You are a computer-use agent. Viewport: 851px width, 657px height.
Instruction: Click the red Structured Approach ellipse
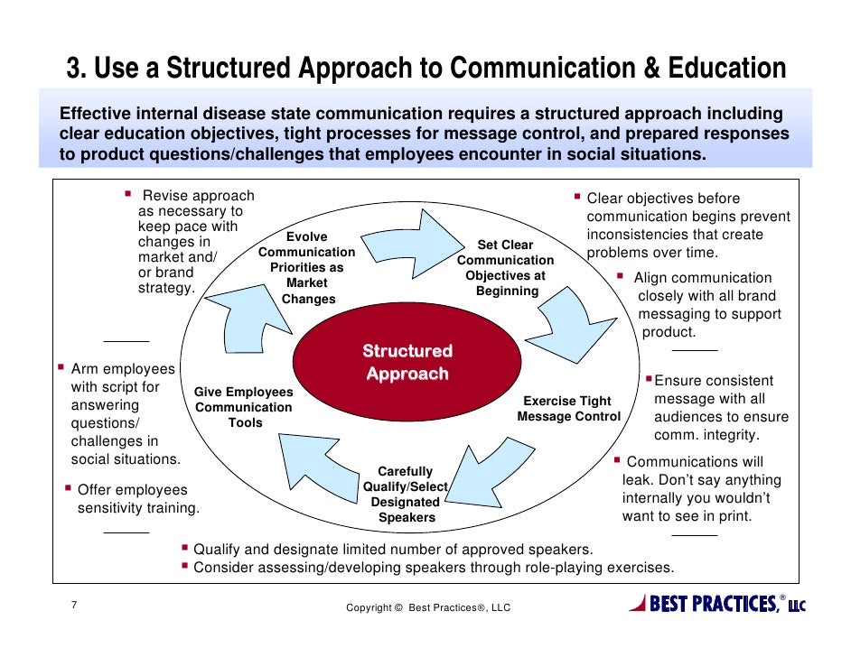[408, 362]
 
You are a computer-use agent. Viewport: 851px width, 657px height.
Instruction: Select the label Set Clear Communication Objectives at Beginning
[506, 268]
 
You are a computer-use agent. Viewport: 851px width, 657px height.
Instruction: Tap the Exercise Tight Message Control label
[568, 409]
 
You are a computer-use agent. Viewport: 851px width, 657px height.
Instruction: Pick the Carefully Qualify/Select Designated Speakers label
[407, 495]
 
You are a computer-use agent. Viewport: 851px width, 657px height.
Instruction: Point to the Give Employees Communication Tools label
[244, 407]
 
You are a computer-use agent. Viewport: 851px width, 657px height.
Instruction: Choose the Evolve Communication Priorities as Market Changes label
[307, 268]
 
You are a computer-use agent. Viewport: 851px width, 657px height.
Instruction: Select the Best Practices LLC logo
[718, 604]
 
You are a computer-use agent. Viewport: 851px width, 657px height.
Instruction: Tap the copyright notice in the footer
[428, 607]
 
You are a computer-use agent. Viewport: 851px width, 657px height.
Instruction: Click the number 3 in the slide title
[74, 69]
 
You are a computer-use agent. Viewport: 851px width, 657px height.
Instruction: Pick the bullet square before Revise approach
[128, 194]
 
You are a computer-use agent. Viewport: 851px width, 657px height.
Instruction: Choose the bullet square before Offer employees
[69, 488]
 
